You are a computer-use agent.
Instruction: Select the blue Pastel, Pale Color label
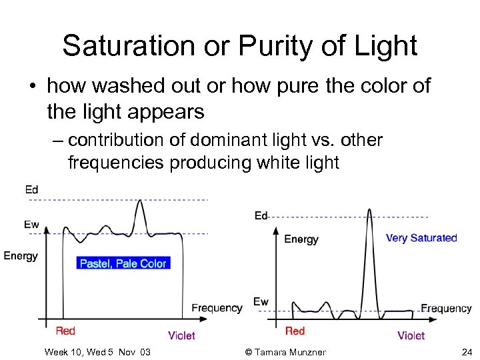point(123,263)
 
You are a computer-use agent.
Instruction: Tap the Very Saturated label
point(421,238)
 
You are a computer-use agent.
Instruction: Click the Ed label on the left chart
point(31,190)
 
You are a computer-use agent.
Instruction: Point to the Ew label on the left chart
point(31,224)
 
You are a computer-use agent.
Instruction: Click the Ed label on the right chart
point(261,215)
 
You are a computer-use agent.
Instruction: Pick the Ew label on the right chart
point(261,302)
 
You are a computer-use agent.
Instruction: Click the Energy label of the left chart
point(21,255)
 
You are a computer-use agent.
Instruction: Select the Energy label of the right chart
point(301,239)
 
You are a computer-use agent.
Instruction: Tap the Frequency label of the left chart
point(217,307)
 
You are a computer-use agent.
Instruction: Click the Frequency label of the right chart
point(446,308)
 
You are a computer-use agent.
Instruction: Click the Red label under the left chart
point(65,331)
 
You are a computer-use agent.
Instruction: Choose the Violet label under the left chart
point(181,335)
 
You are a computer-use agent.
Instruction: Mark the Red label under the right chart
point(295,331)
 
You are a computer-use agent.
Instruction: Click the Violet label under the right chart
point(411,335)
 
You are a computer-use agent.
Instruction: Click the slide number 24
point(466,352)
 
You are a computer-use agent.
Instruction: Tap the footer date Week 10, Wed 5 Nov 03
point(97,352)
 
